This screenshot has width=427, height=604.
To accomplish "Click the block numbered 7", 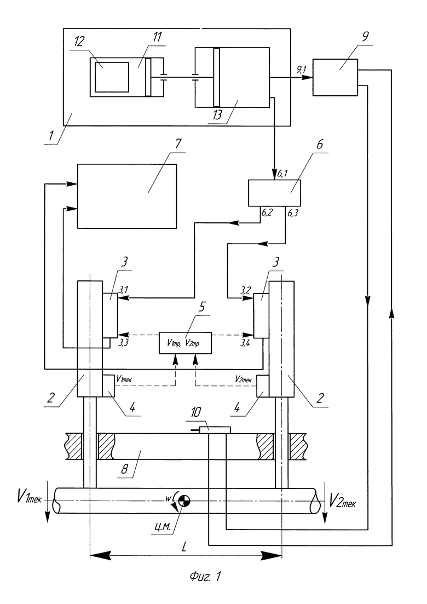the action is point(127,196).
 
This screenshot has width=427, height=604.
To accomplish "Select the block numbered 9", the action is point(335,77).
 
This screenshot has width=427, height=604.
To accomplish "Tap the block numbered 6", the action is point(274,193).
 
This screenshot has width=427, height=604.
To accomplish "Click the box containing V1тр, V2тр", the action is point(185,343).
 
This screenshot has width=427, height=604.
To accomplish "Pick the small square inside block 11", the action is point(112,77).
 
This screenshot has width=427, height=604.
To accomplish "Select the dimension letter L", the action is point(183,547).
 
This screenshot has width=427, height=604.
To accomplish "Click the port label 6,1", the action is point(282,175).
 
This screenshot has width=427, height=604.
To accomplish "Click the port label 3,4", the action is point(245,342).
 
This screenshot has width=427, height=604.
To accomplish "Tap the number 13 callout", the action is point(217,115).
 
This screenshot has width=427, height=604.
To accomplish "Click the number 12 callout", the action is point(79,41).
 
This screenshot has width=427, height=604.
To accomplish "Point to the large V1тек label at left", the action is point(29,497).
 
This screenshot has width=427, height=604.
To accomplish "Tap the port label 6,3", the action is point(293,213).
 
